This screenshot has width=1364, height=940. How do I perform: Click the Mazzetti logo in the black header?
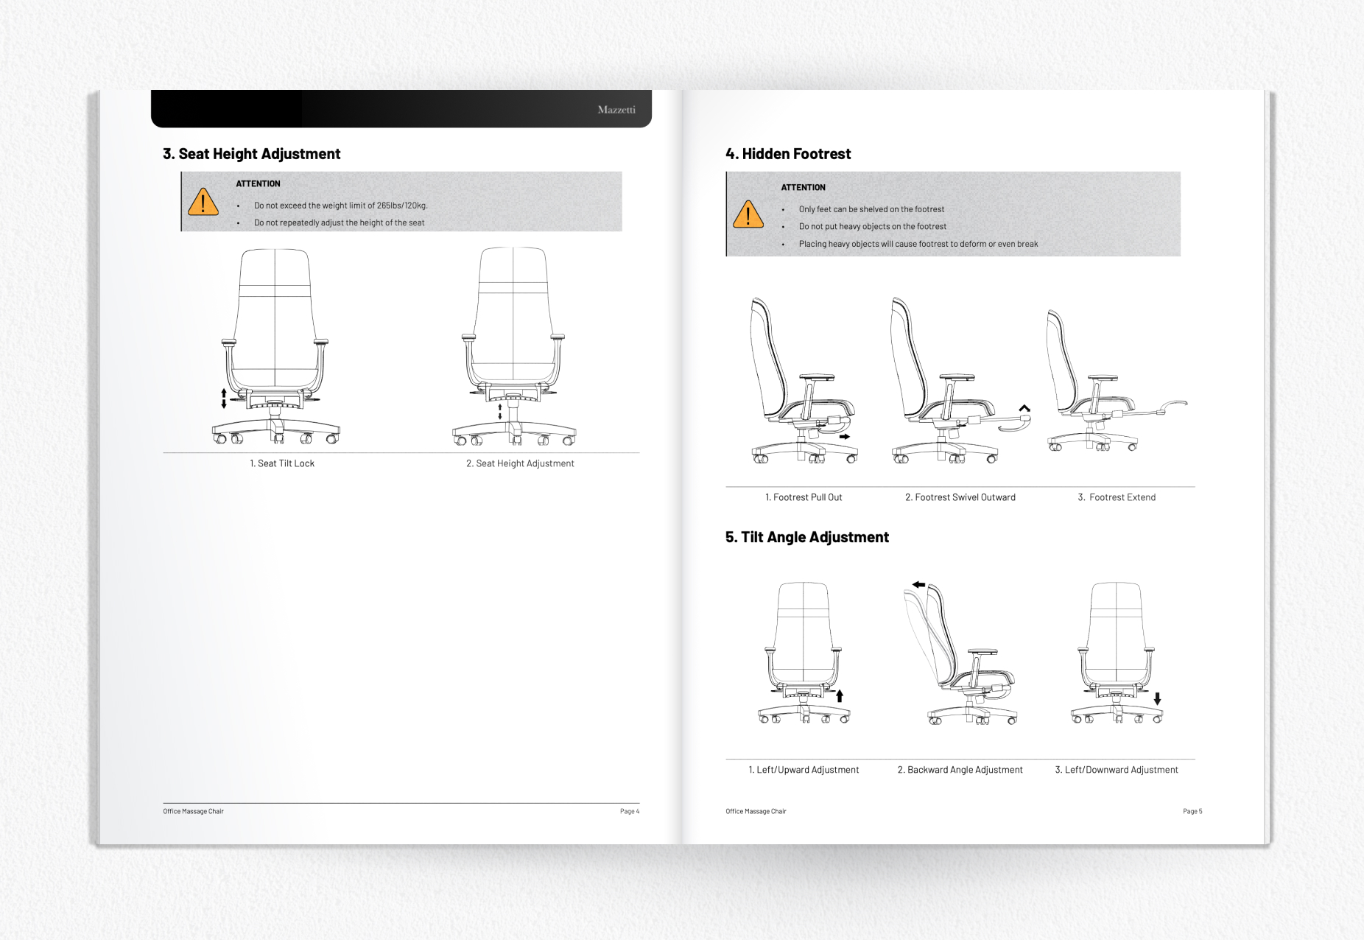[616, 110]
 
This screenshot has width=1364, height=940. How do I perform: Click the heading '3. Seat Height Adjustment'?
[251, 154]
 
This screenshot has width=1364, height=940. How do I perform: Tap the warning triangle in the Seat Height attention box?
[203, 203]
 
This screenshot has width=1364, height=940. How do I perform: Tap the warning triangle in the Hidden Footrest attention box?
[748, 215]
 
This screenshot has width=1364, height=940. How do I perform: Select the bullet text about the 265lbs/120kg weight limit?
[340, 206]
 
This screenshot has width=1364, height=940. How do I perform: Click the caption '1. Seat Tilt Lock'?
[282, 463]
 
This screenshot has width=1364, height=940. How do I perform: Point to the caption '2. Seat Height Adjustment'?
[520, 463]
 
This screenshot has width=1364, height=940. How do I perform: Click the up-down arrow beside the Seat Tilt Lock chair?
[224, 399]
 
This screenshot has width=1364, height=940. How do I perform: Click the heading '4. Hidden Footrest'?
[788, 154]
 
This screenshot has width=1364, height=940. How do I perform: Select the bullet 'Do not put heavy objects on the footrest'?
[872, 227]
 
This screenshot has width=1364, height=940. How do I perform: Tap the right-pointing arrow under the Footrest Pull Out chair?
[845, 437]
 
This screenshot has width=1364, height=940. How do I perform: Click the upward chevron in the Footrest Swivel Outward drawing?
[1024, 408]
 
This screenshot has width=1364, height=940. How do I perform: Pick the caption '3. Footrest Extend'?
[1117, 497]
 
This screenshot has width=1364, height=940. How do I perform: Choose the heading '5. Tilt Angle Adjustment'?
[807, 537]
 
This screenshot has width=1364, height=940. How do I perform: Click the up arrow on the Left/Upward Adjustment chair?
[840, 695]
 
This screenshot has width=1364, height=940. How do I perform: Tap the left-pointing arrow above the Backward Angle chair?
[918, 584]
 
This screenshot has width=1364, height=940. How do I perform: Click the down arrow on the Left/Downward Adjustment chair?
[1157, 698]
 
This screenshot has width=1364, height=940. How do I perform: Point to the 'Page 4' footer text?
[629, 811]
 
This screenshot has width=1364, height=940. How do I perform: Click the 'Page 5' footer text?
[1192, 811]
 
